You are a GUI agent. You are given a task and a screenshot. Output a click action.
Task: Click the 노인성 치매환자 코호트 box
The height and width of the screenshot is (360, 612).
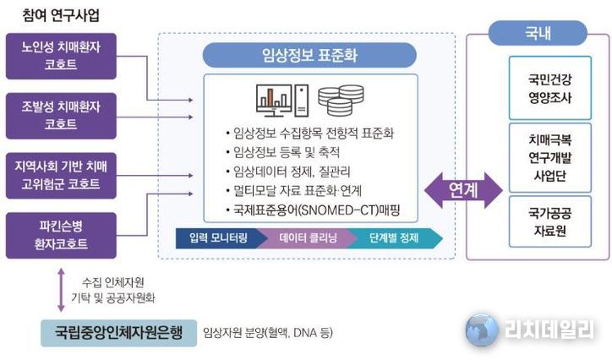pos(61,56)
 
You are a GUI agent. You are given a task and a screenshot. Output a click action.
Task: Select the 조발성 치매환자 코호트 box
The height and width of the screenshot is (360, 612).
pos(61,116)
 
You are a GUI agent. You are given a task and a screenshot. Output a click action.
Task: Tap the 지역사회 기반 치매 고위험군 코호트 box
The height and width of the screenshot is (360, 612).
pos(61,176)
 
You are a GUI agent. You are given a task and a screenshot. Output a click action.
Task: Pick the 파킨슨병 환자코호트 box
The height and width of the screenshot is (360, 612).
pos(61,235)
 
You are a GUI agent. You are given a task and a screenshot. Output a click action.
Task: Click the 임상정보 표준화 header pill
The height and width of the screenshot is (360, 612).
pos(309,55)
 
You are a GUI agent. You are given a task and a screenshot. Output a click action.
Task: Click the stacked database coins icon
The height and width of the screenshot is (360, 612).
pos(341,101)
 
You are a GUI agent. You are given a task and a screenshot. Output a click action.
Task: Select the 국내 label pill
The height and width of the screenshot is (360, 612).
pos(538,33)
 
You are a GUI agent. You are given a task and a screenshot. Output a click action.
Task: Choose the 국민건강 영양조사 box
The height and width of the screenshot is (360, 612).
pos(550,88)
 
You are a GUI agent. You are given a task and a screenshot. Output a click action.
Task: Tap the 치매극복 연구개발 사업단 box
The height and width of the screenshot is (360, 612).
pos(550,157)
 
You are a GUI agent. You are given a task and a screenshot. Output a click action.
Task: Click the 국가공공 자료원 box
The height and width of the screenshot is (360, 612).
pos(550,221)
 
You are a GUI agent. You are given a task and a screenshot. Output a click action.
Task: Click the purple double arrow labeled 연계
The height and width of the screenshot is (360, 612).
pos(463,190)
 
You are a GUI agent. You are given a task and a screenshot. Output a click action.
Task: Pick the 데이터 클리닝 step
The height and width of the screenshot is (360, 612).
pos(309,238)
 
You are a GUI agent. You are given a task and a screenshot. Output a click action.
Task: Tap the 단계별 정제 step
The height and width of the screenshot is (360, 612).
pos(395,238)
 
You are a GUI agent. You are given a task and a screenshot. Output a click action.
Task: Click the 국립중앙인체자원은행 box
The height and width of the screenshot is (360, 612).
pos(118,333)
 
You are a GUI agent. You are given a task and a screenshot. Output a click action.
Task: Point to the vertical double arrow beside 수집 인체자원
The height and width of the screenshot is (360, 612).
pos(61,290)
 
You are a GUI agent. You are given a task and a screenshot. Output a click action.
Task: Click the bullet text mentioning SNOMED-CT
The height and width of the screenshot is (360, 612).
pos(313,210)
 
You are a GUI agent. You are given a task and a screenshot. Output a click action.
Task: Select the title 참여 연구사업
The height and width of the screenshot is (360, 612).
pos(61,15)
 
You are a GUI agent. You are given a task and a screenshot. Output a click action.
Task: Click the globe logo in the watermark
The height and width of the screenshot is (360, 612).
pos(482,330)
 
